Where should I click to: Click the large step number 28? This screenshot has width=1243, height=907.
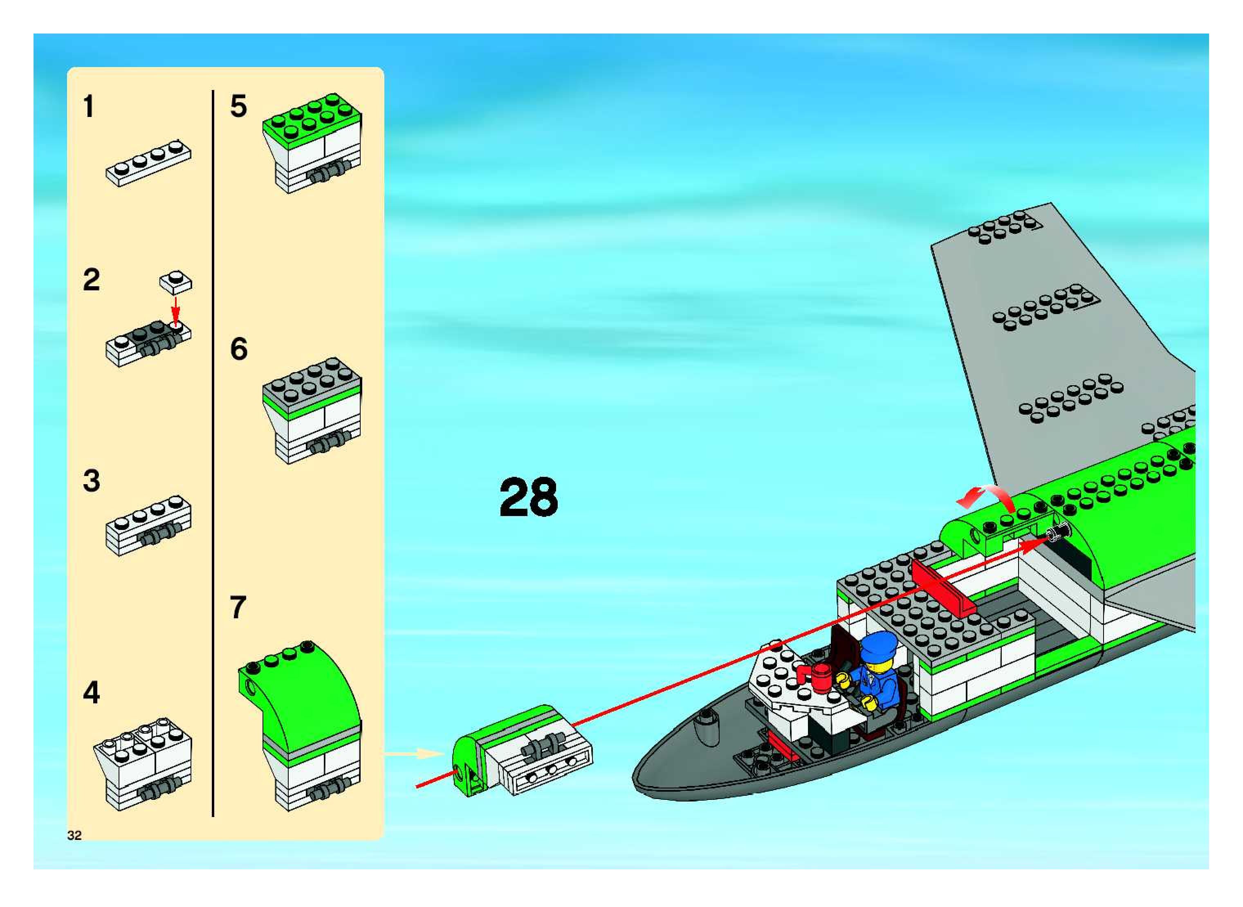pyautogui.click(x=528, y=497)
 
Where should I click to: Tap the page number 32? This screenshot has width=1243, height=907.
pyautogui.click(x=74, y=835)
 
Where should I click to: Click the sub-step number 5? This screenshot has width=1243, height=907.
pyautogui.click(x=238, y=106)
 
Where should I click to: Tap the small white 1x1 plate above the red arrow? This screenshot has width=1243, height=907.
pyautogui.click(x=176, y=282)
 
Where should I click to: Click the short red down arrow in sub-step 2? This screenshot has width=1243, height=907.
pyautogui.click(x=175, y=310)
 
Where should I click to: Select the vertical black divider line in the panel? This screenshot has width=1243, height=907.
pyautogui.click(x=213, y=453)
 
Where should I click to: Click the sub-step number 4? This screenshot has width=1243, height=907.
pyautogui.click(x=91, y=692)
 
